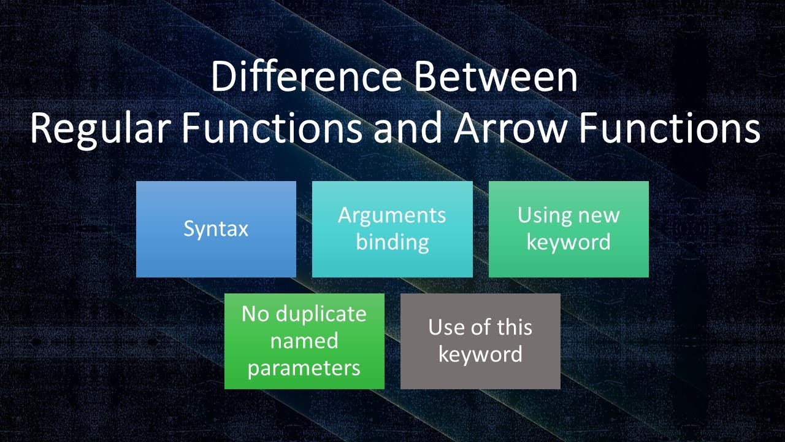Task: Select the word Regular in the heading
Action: coord(101,129)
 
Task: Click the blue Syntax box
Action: coord(216,229)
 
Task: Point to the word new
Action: coord(599,216)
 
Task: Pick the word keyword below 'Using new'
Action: coord(569,242)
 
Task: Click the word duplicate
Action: coord(321,314)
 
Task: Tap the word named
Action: coord(304,341)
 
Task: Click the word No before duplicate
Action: coord(255,314)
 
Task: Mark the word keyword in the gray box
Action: coord(480,355)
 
